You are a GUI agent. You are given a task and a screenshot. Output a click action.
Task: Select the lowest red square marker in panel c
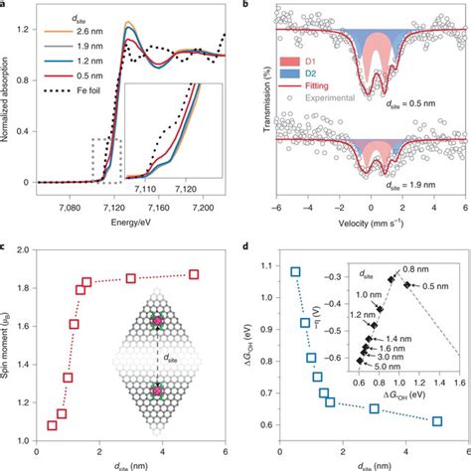click(53, 426)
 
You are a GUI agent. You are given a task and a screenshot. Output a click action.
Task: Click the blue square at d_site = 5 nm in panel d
click(437, 420)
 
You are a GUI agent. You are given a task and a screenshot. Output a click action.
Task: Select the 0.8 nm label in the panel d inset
click(401, 267)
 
